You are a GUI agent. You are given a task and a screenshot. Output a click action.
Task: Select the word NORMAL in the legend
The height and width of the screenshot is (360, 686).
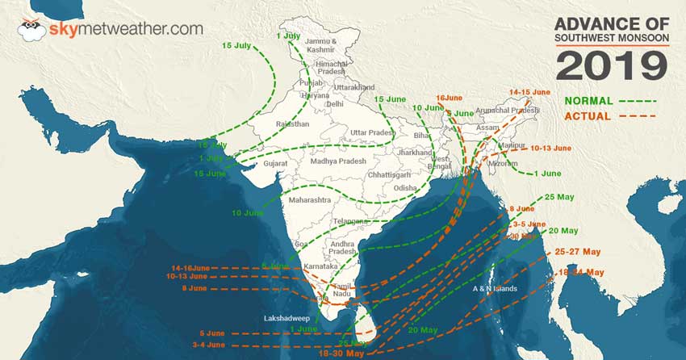pyautogui.click(x=587, y=102)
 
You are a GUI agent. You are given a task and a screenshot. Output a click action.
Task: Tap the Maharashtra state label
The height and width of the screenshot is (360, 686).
pyautogui.click(x=305, y=199)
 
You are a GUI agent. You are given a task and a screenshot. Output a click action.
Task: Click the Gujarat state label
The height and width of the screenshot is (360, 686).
pyautogui.click(x=275, y=163)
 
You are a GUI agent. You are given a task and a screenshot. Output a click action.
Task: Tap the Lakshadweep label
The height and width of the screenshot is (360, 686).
pyautogui.click(x=288, y=318)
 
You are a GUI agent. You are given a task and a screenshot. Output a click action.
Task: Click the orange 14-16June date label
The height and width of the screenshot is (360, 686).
pyautogui.click(x=194, y=267)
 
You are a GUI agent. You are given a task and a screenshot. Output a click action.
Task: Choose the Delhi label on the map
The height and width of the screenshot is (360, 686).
pyautogui.click(x=334, y=104)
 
